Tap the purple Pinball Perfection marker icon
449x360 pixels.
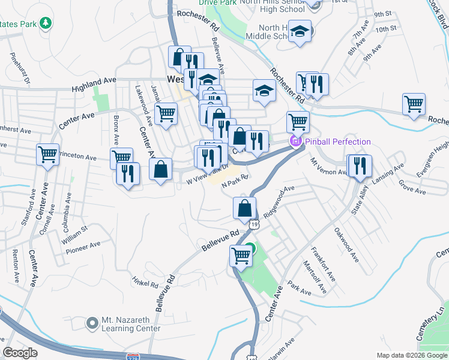(x=295, y=142)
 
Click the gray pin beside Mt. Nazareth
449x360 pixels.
(x=92, y=323)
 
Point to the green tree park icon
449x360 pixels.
(x=45, y=24)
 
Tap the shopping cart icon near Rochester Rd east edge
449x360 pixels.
(x=414, y=104)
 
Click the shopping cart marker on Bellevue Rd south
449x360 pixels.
(x=241, y=256)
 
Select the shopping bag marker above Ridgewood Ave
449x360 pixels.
(x=244, y=208)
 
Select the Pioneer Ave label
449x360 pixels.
(x=83, y=247)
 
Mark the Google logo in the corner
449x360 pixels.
(x=20, y=353)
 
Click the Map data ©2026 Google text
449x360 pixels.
(x=412, y=355)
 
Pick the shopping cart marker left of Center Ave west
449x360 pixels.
(x=47, y=154)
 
